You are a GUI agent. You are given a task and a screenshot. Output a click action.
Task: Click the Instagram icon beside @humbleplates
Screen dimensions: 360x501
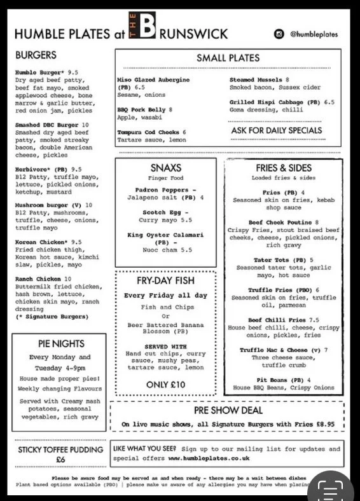pyautogui.click(x=279, y=34)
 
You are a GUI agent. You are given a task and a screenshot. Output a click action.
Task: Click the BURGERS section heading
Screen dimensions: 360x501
pyautogui.click(x=36, y=55)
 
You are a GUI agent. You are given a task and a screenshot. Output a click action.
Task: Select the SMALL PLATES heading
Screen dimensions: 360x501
pyautogui.click(x=229, y=58)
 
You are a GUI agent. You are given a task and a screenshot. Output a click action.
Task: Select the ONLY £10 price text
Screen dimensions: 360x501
pyautogui.click(x=165, y=384)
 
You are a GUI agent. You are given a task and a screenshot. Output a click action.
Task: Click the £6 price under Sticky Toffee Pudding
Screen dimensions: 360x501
pyautogui.click(x=60, y=460)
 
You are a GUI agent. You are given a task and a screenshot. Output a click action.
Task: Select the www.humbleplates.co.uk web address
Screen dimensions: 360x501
pyautogui.click(x=209, y=458)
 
